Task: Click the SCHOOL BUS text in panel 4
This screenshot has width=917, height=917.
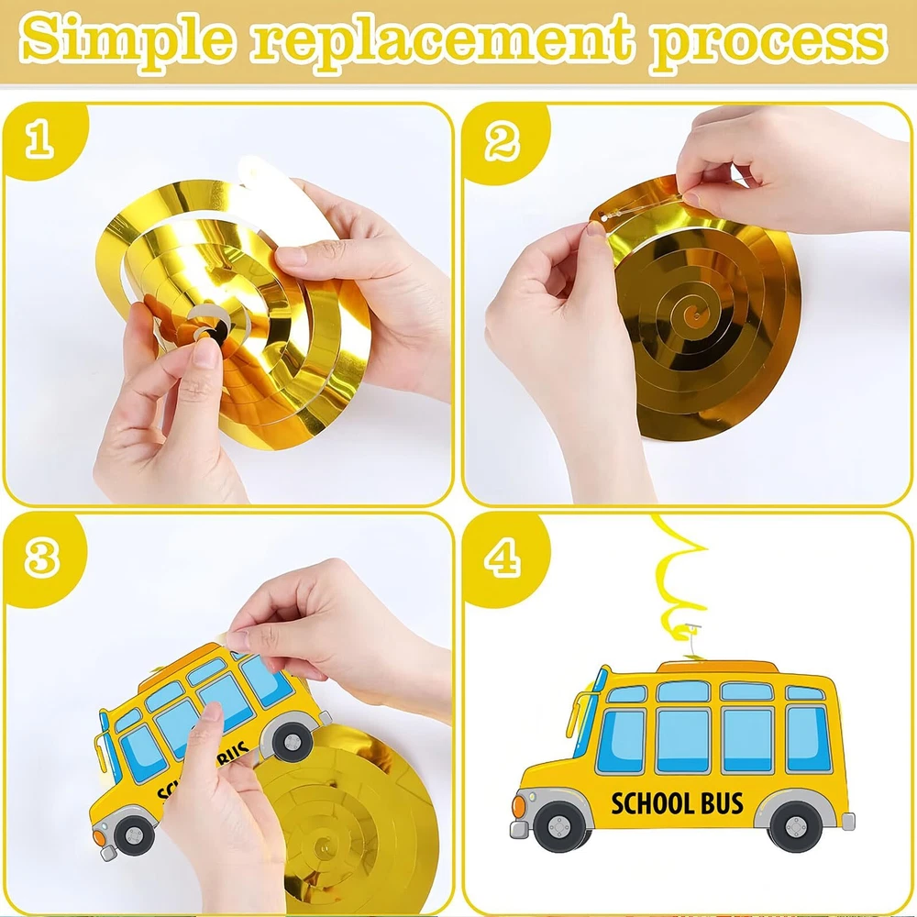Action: (x=677, y=803)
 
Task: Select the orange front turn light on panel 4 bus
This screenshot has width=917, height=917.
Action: (x=518, y=806)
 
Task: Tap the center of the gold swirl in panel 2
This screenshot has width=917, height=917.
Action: (x=696, y=315)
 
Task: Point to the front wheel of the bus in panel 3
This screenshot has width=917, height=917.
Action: (x=135, y=833)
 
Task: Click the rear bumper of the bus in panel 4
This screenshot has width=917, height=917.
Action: (x=847, y=821)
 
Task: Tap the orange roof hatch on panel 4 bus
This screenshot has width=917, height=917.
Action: (x=718, y=666)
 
